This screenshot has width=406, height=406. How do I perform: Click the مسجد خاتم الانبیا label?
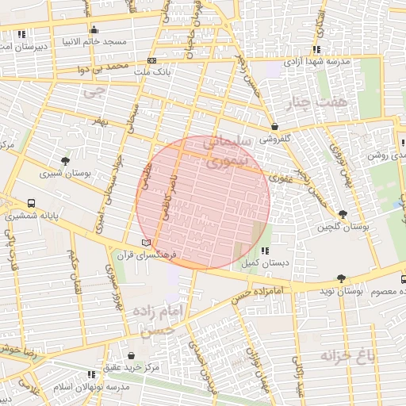96,40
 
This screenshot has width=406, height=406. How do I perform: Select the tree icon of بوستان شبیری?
65,161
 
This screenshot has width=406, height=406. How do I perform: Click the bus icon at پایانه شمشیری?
31,203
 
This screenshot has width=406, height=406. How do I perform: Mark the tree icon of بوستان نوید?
341,278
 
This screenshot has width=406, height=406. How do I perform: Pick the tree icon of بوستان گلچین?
343,214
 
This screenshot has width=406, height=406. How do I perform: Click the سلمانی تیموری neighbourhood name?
225,154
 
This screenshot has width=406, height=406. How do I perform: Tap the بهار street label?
98,120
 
